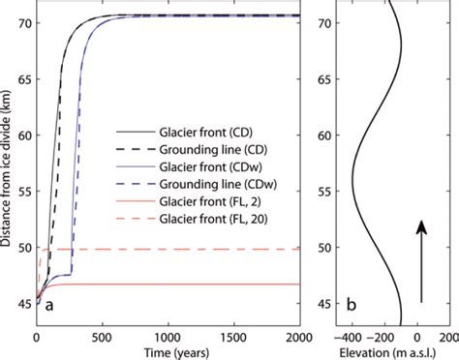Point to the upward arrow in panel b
pos(419,261)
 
